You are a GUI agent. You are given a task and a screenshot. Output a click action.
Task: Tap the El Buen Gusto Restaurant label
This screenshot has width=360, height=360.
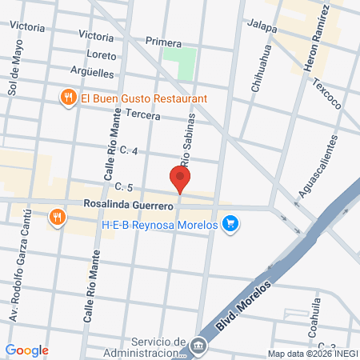coord(144,98)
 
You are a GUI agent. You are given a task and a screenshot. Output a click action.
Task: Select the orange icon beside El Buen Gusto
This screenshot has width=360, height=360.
coord(68,98)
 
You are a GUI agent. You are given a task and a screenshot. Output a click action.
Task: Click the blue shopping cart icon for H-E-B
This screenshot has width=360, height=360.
coord(230,223)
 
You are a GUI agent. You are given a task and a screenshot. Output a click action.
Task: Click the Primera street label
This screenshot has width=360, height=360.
coord(164,41)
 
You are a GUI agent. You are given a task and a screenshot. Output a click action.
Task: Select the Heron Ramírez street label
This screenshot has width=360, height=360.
coord(316,38)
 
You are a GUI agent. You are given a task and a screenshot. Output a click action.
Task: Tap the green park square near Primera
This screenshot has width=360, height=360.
coord(179,63)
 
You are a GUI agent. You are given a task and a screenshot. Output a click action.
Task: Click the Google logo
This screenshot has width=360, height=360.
coord(26,350)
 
